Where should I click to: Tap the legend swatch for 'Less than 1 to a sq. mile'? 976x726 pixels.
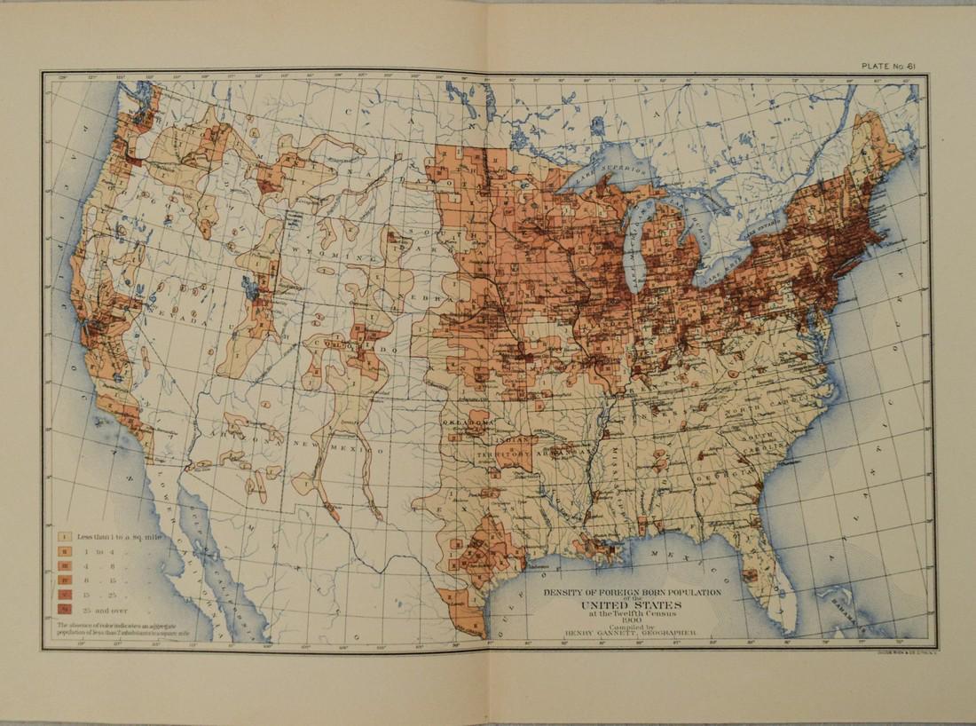pyautogui.click(x=64, y=536)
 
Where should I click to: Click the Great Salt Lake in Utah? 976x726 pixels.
pyautogui.click(x=248, y=287)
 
